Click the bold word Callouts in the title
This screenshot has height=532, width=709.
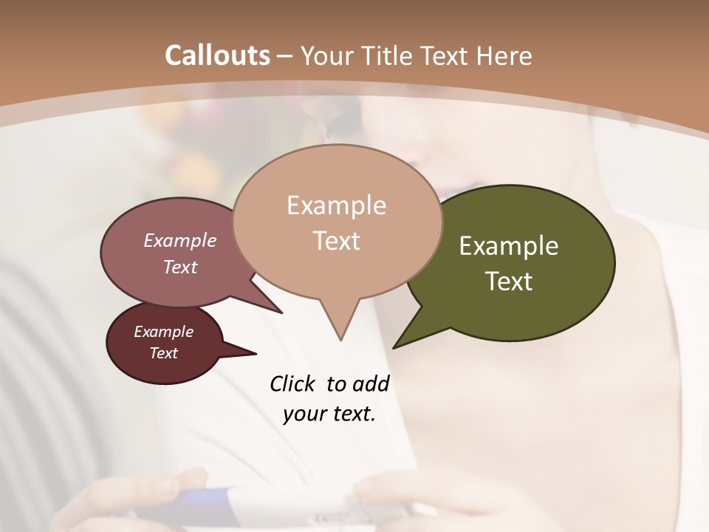tap(218, 55)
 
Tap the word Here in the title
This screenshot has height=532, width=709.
tap(505, 56)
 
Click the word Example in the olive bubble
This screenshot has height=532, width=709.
tap(509, 246)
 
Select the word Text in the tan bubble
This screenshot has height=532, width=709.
tap(337, 241)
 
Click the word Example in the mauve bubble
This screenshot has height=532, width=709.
tap(180, 240)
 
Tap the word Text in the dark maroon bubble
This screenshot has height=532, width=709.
tap(163, 353)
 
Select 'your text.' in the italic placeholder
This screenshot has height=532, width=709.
tap(329, 414)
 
